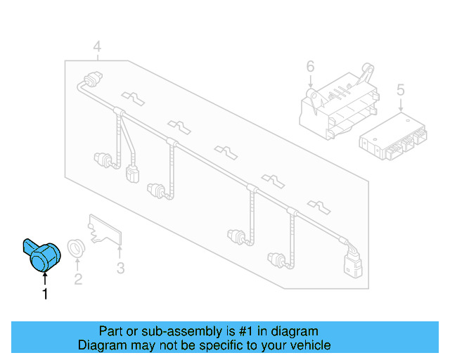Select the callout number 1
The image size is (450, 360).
[46, 295]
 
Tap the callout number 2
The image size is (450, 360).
[78, 279]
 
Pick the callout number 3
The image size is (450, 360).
[120, 268]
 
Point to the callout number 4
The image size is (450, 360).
[97, 47]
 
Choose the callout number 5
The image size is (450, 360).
[401, 90]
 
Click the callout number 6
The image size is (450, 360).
[310, 67]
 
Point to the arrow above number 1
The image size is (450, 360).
[46, 280]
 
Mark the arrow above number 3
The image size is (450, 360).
[120, 252]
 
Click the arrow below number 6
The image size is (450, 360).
[310, 83]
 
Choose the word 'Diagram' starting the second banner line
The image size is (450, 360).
[100, 345]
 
